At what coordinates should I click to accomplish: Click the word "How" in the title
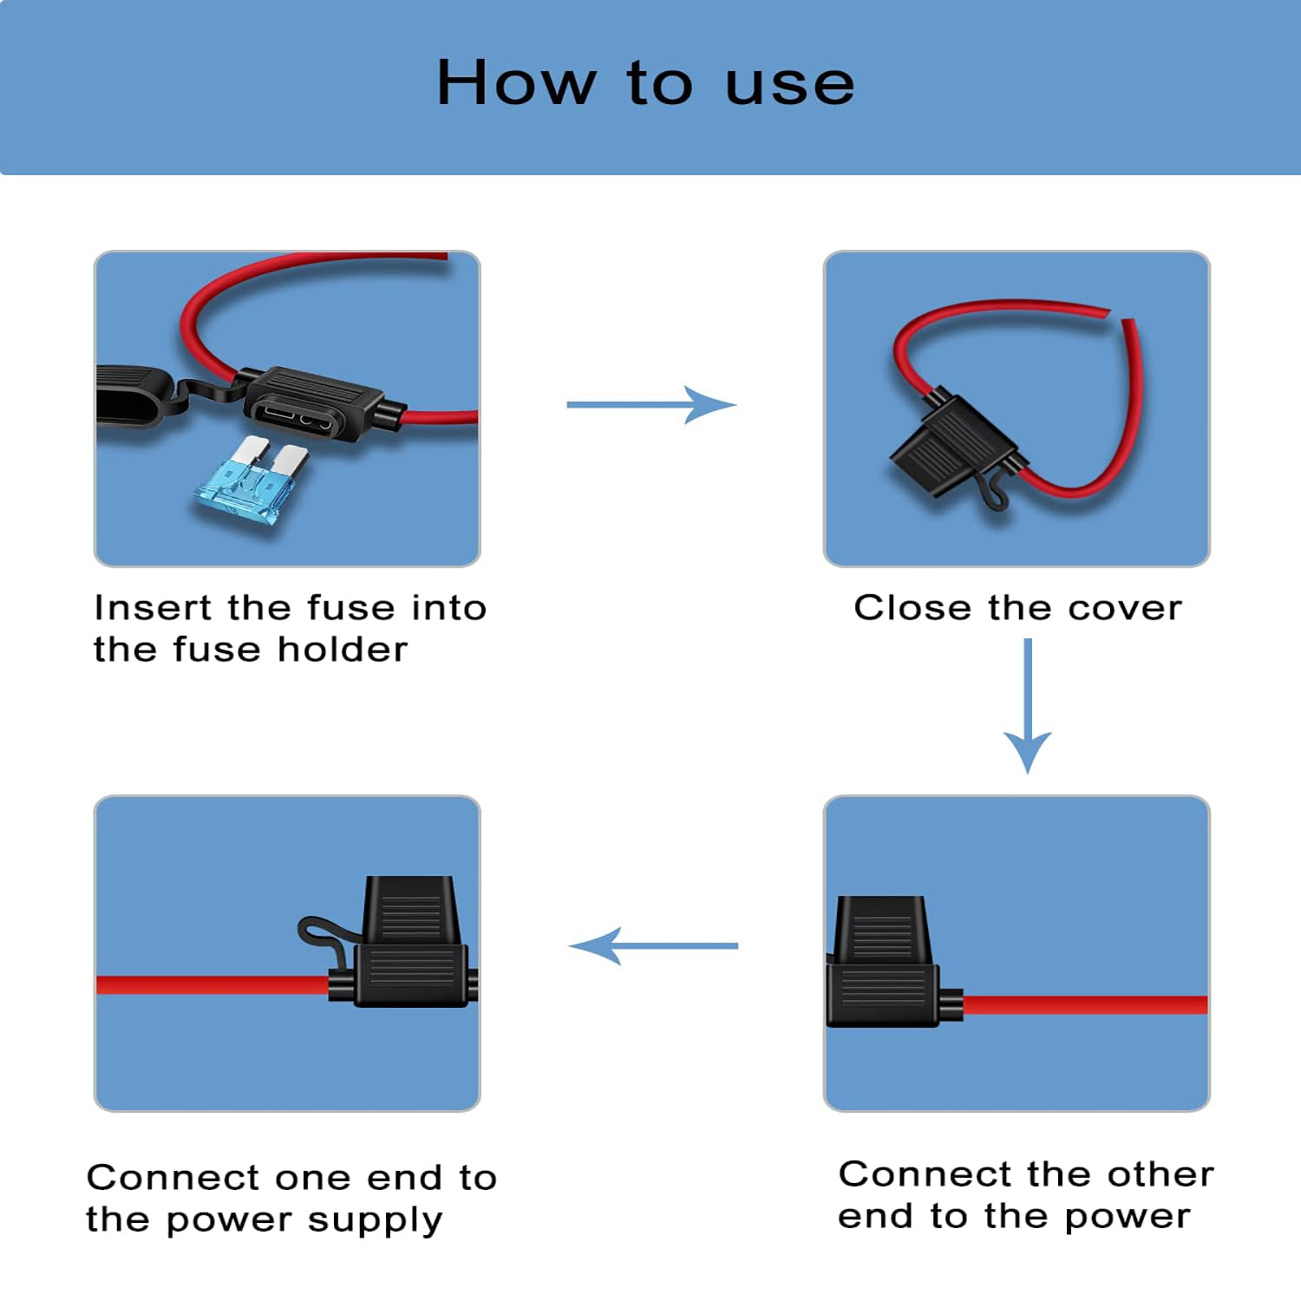pyautogui.click(x=516, y=83)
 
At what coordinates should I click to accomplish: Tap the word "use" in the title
pyautogui.click(x=789, y=87)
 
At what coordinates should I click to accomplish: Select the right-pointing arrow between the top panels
pyautogui.click(x=651, y=404)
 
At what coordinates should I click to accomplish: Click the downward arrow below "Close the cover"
pyautogui.click(x=1028, y=705)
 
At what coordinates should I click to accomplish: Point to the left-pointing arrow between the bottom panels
pyautogui.click(x=653, y=945)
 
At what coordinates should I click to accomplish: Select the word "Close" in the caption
pyautogui.click(x=914, y=607)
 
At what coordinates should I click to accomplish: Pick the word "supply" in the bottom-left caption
pyautogui.click(x=375, y=1221)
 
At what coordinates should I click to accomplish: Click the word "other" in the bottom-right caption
pyautogui.click(x=1160, y=1174)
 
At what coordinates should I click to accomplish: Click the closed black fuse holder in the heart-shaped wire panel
pyautogui.click(x=954, y=447)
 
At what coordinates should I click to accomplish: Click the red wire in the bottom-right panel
pyautogui.click(x=1084, y=1004)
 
